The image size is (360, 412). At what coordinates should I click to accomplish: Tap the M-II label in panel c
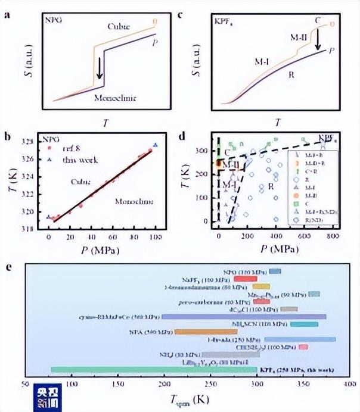pos(299,37)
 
